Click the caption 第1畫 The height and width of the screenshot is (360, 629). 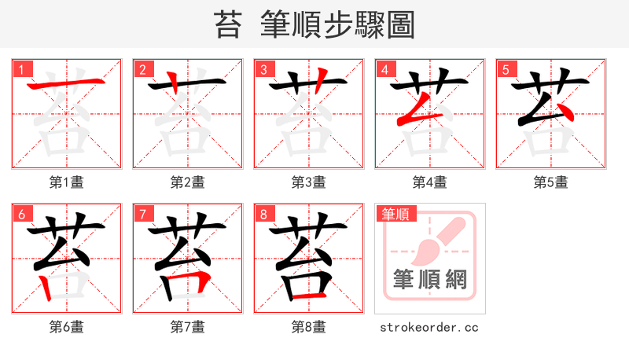coord(67,182)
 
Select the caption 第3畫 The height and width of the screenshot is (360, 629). coord(309,182)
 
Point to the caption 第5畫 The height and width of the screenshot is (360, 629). coord(551,182)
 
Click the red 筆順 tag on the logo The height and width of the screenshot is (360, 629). coord(397,213)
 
